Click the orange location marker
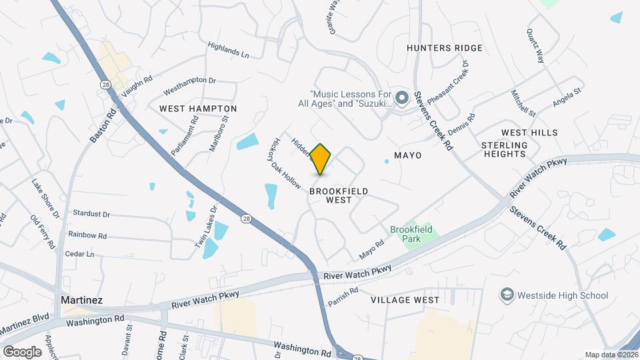click(321, 159)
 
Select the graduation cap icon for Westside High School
click(507, 295)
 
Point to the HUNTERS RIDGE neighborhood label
click(444, 48)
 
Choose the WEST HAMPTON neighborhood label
click(198, 108)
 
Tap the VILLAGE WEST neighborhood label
click(406, 300)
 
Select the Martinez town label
click(81, 300)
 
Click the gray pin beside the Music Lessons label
click(401, 99)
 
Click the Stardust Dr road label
click(92, 215)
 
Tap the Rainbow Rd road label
click(87, 235)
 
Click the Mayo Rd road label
click(372, 251)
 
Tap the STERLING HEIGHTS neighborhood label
click(505, 149)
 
